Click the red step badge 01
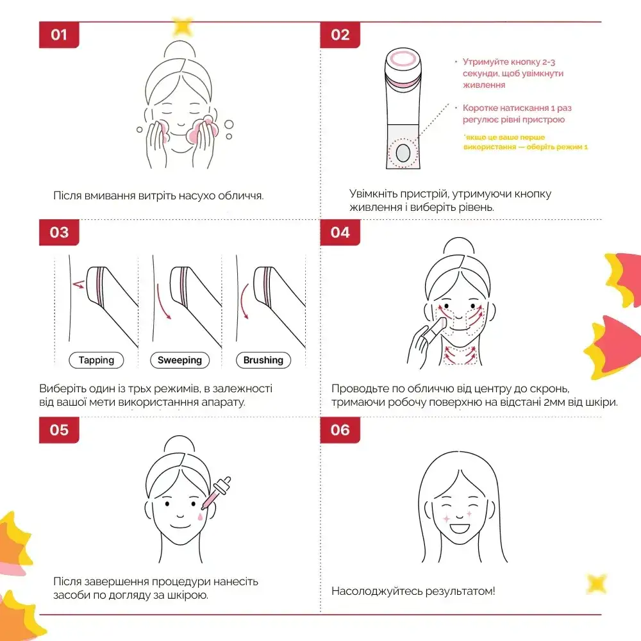point(59,35)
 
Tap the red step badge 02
point(340,35)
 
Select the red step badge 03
point(59,232)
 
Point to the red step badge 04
point(340,232)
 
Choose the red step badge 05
point(59,430)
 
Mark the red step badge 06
point(340,430)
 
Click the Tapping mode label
point(97,360)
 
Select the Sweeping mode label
point(180,360)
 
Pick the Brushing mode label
point(263,360)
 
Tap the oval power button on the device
point(403,153)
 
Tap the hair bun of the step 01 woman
point(180,50)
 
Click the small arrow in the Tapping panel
point(78,284)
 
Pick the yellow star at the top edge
point(182,26)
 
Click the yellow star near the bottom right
point(597,583)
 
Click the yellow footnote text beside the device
point(526,142)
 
